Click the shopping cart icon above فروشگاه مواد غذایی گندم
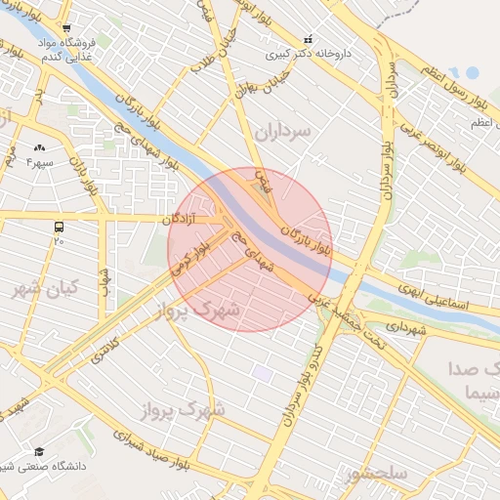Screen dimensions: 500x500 [64, 28]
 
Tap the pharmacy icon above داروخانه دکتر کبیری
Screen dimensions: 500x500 [309, 40]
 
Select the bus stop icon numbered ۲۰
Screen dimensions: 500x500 [60, 228]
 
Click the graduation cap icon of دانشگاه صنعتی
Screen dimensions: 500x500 [39, 451]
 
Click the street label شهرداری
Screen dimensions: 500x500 [406, 330]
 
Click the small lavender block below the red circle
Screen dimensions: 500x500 [262, 372]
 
